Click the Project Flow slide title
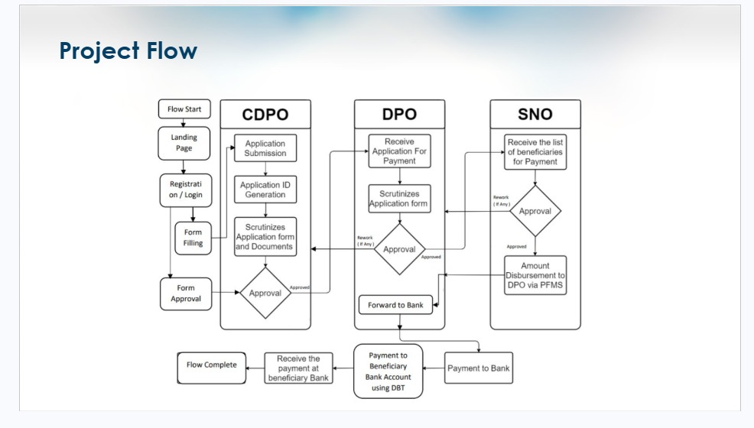(x=128, y=51)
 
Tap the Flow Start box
(x=184, y=109)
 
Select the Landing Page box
(x=184, y=143)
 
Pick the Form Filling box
(x=193, y=238)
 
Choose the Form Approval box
(x=186, y=293)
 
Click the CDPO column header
(x=265, y=115)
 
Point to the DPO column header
(x=399, y=115)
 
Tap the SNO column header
(x=535, y=115)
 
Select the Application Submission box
(x=265, y=148)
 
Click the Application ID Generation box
(x=265, y=190)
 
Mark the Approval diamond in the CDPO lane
(x=265, y=293)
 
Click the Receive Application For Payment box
(x=399, y=151)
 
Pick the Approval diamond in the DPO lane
(x=399, y=249)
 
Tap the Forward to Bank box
(x=395, y=305)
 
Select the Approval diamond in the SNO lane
(x=535, y=211)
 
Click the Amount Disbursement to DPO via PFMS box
(x=535, y=275)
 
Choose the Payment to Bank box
(x=479, y=368)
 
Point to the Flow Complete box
(x=212, y=365)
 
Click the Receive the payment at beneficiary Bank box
(x=298, y=368)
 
